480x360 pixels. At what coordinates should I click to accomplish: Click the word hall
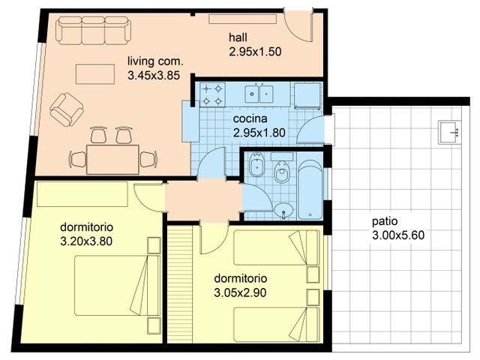pos(238,38)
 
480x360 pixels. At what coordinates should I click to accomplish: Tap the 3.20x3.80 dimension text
pos(85,241)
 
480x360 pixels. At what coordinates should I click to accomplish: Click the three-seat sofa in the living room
pos(94,31)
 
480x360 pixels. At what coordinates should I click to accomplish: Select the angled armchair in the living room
pos(66,109)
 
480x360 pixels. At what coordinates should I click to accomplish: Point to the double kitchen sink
pos(258,94)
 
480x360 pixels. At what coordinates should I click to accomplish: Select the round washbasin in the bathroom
pos(283,210)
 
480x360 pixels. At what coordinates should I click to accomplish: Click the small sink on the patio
pos(449,131)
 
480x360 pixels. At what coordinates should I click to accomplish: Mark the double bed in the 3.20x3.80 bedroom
pos(112,285)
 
